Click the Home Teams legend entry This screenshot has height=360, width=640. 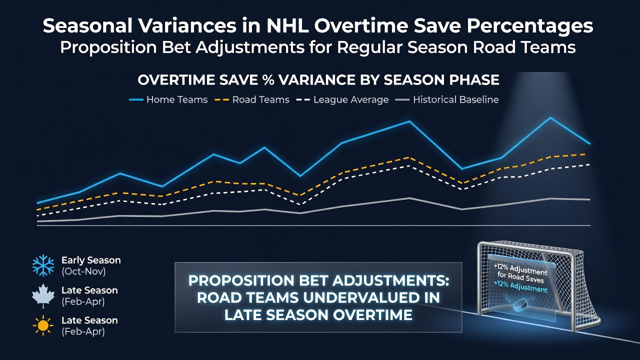[168, 99]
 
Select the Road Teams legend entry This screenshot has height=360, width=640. [251, 99]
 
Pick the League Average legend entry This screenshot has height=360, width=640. [342, 99]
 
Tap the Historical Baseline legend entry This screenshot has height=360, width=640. [447, 99]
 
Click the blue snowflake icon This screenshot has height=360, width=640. [43, 265]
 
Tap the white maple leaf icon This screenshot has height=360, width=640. [43, 295]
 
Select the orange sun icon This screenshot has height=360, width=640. [43, 325]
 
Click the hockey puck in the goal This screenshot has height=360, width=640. [520, 305]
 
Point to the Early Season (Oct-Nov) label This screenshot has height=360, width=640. [91, 265]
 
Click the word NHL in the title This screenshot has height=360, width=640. [287, 26]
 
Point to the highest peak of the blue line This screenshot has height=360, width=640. [550, 117]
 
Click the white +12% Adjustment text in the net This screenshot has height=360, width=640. [520, 273]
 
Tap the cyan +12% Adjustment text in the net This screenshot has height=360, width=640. [520, 287]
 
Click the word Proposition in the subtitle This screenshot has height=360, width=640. [108, 47]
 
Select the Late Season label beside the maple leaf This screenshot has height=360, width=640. [89, 290]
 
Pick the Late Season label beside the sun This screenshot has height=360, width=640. [89, 320]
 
